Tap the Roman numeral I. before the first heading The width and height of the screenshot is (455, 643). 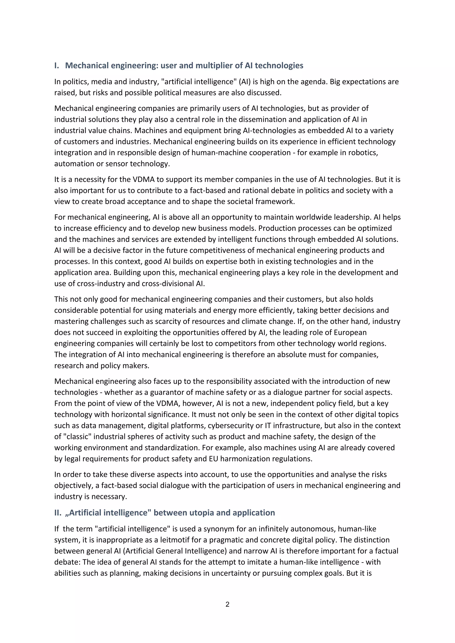point(57,65)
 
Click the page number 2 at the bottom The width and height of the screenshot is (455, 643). point(227,604)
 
